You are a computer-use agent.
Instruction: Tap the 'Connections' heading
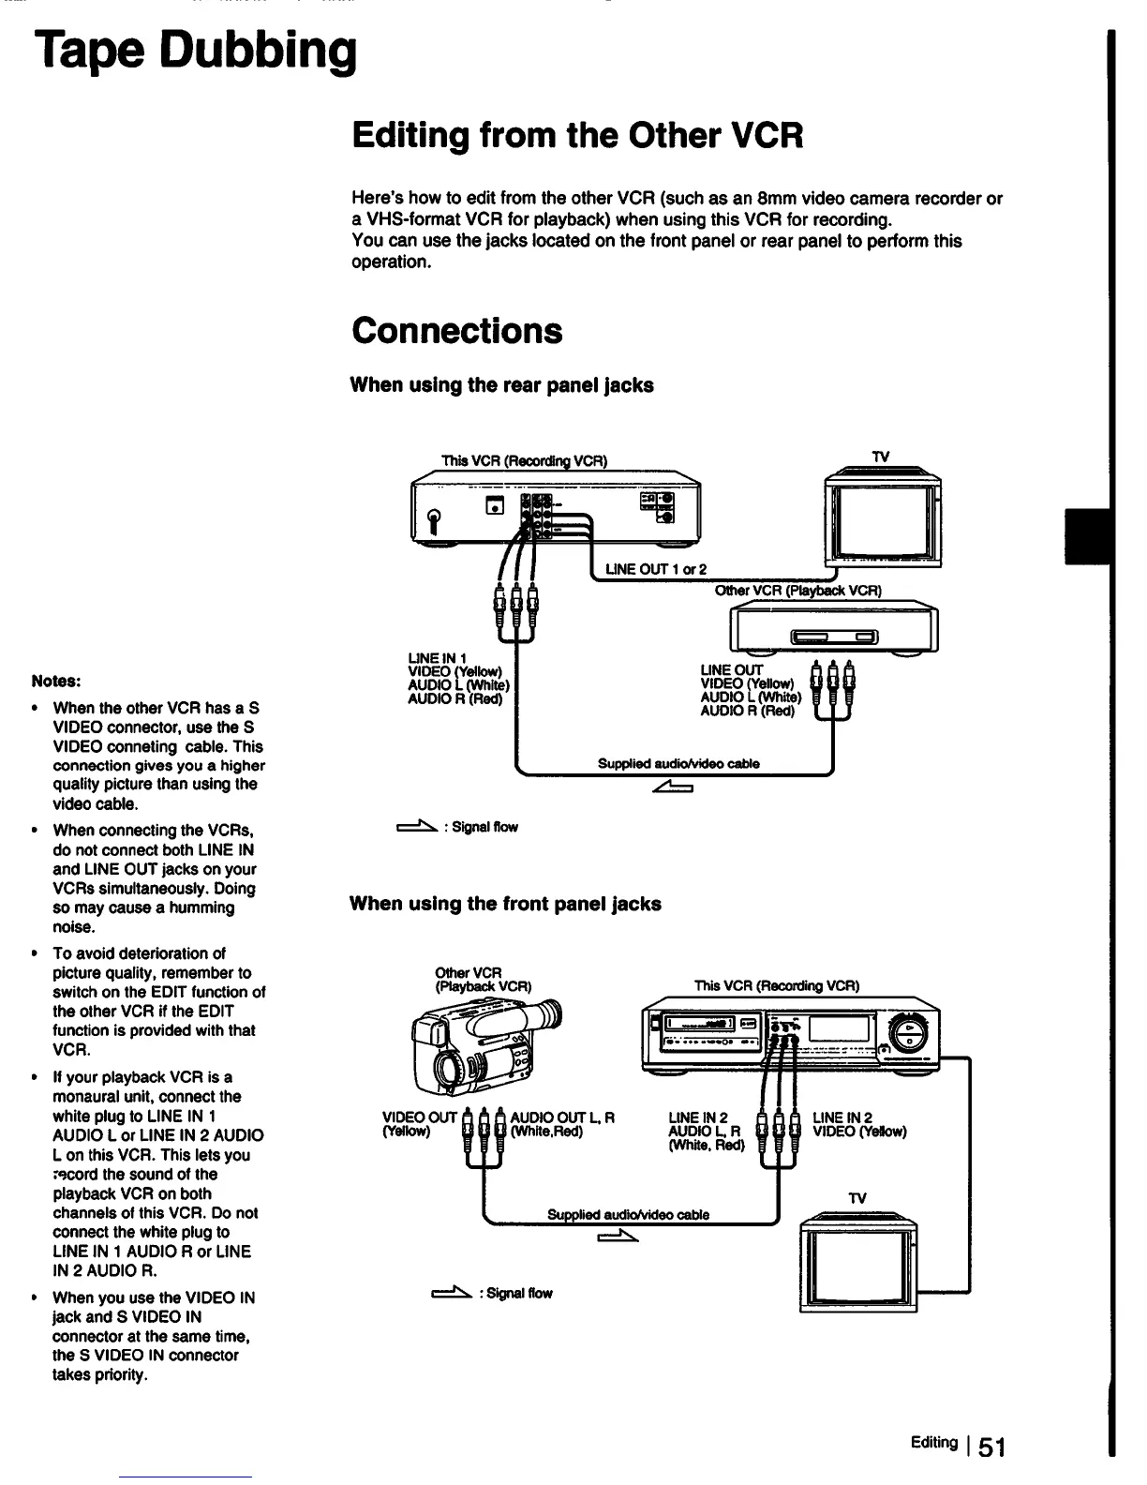coord(456,331)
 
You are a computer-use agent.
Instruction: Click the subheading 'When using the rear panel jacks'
coord(501,385)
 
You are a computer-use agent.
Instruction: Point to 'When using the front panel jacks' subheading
coord(505,904)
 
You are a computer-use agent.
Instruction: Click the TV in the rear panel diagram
coord(881,517)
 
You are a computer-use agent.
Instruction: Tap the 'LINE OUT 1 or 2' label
coord(656,569)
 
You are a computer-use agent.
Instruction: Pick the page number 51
coord(991,1447)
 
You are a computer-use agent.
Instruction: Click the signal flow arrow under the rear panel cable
coord(673,787)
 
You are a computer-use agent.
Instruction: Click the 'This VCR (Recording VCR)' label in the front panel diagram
coord(777,985)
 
